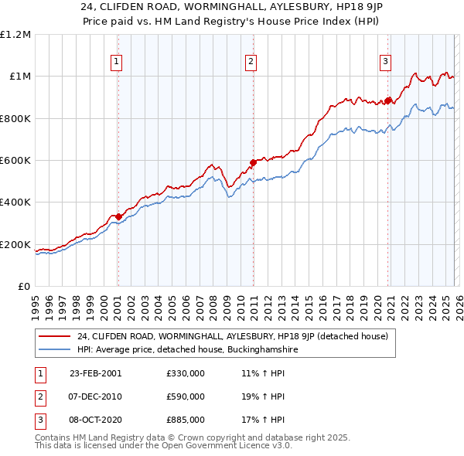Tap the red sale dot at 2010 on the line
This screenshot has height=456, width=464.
253,162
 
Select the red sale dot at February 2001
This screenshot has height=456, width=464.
118,216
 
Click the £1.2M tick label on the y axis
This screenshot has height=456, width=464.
16,35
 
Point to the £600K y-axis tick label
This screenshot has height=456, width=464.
16,161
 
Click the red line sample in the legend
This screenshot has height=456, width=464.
54,336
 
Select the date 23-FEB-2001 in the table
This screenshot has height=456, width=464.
95,373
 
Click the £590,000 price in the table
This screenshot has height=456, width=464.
185,396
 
